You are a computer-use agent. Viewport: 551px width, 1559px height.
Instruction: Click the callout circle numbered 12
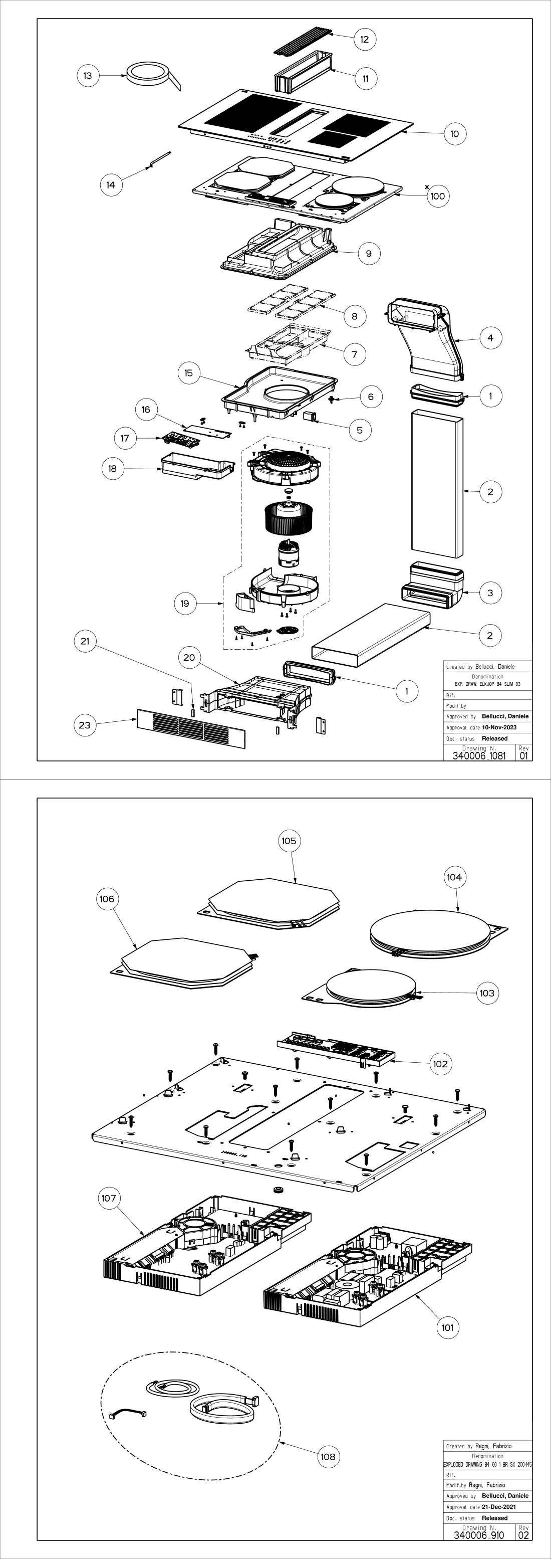tap(364, 39)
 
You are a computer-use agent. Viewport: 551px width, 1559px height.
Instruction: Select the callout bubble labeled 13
tap(88, 76)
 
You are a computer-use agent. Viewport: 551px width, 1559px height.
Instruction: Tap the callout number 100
tap(437, 196)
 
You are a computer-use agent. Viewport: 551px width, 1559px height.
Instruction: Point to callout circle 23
tap(85, 725)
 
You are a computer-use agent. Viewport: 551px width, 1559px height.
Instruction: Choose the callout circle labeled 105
tap(289, 841)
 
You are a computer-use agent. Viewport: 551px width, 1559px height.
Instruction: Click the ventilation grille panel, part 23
tap(191, 729)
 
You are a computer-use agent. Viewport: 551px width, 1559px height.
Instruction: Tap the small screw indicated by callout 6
tap(332, 400)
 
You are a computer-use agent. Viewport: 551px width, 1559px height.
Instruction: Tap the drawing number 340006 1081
tap(478, 756)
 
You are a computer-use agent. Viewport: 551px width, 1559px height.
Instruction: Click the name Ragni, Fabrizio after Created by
tap(493, 1446)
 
